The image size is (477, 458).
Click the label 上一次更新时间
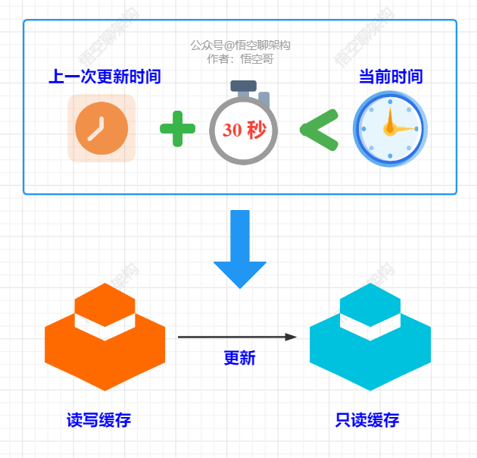pos(104,77)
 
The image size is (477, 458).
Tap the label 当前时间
pos(390,77)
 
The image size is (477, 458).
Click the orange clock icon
pos(101,128)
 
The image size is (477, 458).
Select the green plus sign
pos(177,128)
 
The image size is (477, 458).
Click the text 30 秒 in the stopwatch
pos(244,130)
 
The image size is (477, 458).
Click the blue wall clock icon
pos(390,129)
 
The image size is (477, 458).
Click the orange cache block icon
pos(104,338)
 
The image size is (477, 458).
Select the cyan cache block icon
pos(370,338)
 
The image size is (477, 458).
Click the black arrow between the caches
pos(235,337)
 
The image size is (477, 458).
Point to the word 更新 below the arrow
pos(239,358)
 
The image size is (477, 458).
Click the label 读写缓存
pos(104,419)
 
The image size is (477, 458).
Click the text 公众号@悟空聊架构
pos(240,45)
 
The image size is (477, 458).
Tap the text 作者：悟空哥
pos(240,58)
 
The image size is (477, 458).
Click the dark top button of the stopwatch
pos(244,86)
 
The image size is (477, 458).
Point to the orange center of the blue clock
pos(389,129)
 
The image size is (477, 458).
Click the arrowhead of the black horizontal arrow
pos(291,337)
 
